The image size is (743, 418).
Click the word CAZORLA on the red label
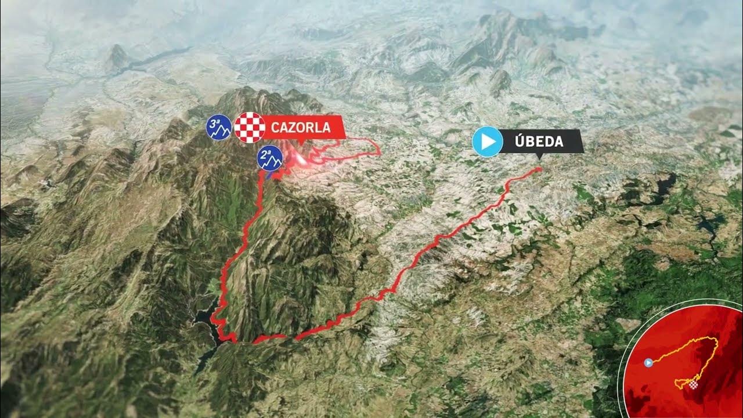pyautogui.click(x=301, y=127)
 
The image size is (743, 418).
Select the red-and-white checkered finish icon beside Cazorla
pyautogui.click(x=250, y=127)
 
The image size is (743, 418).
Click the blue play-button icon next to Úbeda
pyautogui.click(x=487, y=141)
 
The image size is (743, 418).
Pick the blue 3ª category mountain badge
pyautogui.click(x=219, y=128)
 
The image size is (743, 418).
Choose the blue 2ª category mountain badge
pyautogui.click(x=270, y=157)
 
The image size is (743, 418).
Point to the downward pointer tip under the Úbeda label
pyautogui.click(x=539, y=157)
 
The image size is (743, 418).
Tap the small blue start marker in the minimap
pyautogui.click(x=649, y=362)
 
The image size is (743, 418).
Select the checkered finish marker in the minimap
pyautogui.click(x=694, y=384)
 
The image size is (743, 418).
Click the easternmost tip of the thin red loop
pyautogui.click(x=380, y=153)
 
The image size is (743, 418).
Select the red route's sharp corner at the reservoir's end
pyautogui.click(x=234, y=341)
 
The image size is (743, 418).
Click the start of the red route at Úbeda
pyautogui.click(x=539, y=169)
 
